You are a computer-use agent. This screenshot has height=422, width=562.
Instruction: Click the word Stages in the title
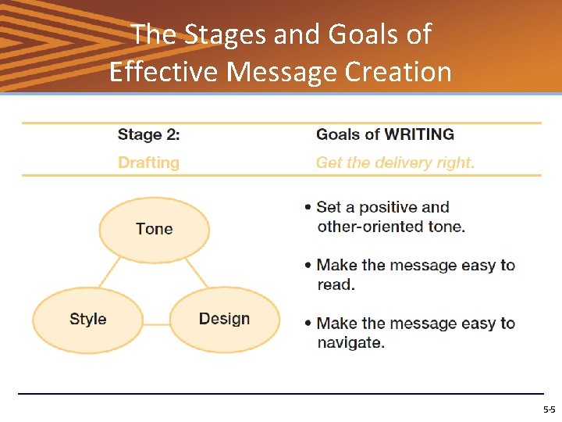(213, 34)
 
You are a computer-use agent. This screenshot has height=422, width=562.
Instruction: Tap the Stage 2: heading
(148, 134)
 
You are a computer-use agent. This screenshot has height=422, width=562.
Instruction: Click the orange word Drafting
(148, 163)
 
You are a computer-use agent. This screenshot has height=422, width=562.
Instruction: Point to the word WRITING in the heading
(418, 134)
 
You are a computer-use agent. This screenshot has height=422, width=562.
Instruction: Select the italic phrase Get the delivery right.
(395, 163)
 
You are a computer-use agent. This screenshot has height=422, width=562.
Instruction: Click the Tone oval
(154, 229)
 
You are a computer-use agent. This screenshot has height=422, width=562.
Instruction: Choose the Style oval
(87, 319)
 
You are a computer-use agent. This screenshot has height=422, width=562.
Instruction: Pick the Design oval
(224, 319)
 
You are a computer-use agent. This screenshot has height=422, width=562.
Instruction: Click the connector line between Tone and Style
(110, 274)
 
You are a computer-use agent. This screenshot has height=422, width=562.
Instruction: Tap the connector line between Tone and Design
(197, 274)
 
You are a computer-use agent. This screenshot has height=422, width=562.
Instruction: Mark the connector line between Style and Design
(156, 324)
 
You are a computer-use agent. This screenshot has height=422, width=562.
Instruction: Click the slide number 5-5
(549, 409)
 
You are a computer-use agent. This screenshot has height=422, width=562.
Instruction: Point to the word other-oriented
(367, 227)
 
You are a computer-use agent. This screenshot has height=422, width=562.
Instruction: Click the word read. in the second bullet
(336, 284)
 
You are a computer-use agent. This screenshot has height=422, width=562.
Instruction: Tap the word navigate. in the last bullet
(350, 342)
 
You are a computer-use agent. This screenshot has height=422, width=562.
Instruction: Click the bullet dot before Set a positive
(309, 208)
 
